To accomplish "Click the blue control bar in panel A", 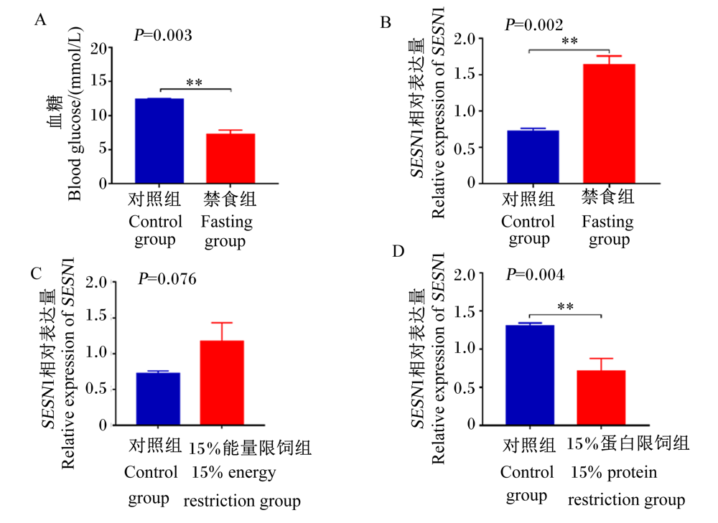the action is [x=159, y=141].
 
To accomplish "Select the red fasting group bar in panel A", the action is [x=230, y=159].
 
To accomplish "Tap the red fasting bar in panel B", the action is [x=609, y=123].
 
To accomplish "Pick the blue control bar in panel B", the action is [x=533, y=157].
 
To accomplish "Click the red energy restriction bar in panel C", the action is [x=222, y=382].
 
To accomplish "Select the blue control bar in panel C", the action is [x=158, y=399].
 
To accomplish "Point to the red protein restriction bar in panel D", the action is [x=601, y=397].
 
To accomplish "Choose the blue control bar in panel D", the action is [x=530, y=374].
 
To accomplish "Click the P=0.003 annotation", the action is [x=163, y=35].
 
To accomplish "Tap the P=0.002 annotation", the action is [x=534, y=24].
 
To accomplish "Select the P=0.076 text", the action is [x=167, y=278].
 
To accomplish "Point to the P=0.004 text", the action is [x=535, y=274].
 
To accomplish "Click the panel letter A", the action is [x=40, y=19].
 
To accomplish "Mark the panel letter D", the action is [x=398, y=251].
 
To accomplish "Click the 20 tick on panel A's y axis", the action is [x=98, y=48].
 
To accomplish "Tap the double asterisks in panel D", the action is [x=566, y=306].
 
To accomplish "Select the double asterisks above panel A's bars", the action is [x=194, y=83].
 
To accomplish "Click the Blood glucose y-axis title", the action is [x=74, y=113].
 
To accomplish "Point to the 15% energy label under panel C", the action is [x=233, y=472].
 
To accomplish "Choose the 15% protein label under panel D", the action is [x=614, y=472].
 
